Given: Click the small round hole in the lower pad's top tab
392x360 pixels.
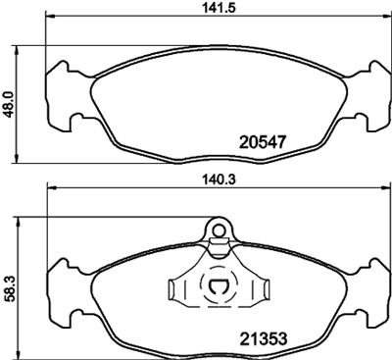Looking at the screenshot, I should [x=220, y=232].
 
